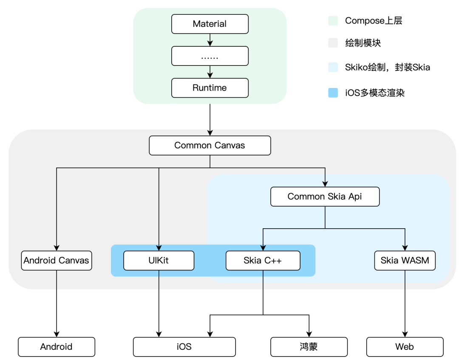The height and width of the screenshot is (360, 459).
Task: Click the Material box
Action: pos(210,24)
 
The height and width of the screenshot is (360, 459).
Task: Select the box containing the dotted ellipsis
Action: pos(210,56)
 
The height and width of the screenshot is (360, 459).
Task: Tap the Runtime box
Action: pos(210,88)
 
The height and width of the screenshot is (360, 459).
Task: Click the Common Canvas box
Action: pos(210,145)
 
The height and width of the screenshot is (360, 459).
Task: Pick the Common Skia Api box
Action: pos(325,196)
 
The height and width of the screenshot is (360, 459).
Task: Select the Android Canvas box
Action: pos(56,260)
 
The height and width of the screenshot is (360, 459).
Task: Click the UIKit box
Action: pos(159,260)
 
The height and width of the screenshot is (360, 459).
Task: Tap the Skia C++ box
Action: pos(263,260)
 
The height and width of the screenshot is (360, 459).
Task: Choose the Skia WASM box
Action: pos(405,260)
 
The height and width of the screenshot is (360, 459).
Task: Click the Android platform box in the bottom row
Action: pos(56,346)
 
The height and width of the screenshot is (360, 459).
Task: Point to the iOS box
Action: pos(184,346)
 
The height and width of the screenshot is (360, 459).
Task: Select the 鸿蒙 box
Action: pos(309,346)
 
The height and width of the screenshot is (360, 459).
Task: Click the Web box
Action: pos(405,346)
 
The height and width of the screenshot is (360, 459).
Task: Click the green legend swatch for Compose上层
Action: pos(333,21)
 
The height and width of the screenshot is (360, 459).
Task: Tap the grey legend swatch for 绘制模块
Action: pos(333,43)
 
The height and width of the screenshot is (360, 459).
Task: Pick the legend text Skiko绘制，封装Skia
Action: pos(387,67)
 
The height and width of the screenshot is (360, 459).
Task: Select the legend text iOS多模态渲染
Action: pos(374,93)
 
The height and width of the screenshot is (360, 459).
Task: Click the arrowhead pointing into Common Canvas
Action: pos(210,133)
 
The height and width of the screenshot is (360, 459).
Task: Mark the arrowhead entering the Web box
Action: pos(405,334)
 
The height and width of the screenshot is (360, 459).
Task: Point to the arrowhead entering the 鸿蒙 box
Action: pos(309,334)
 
